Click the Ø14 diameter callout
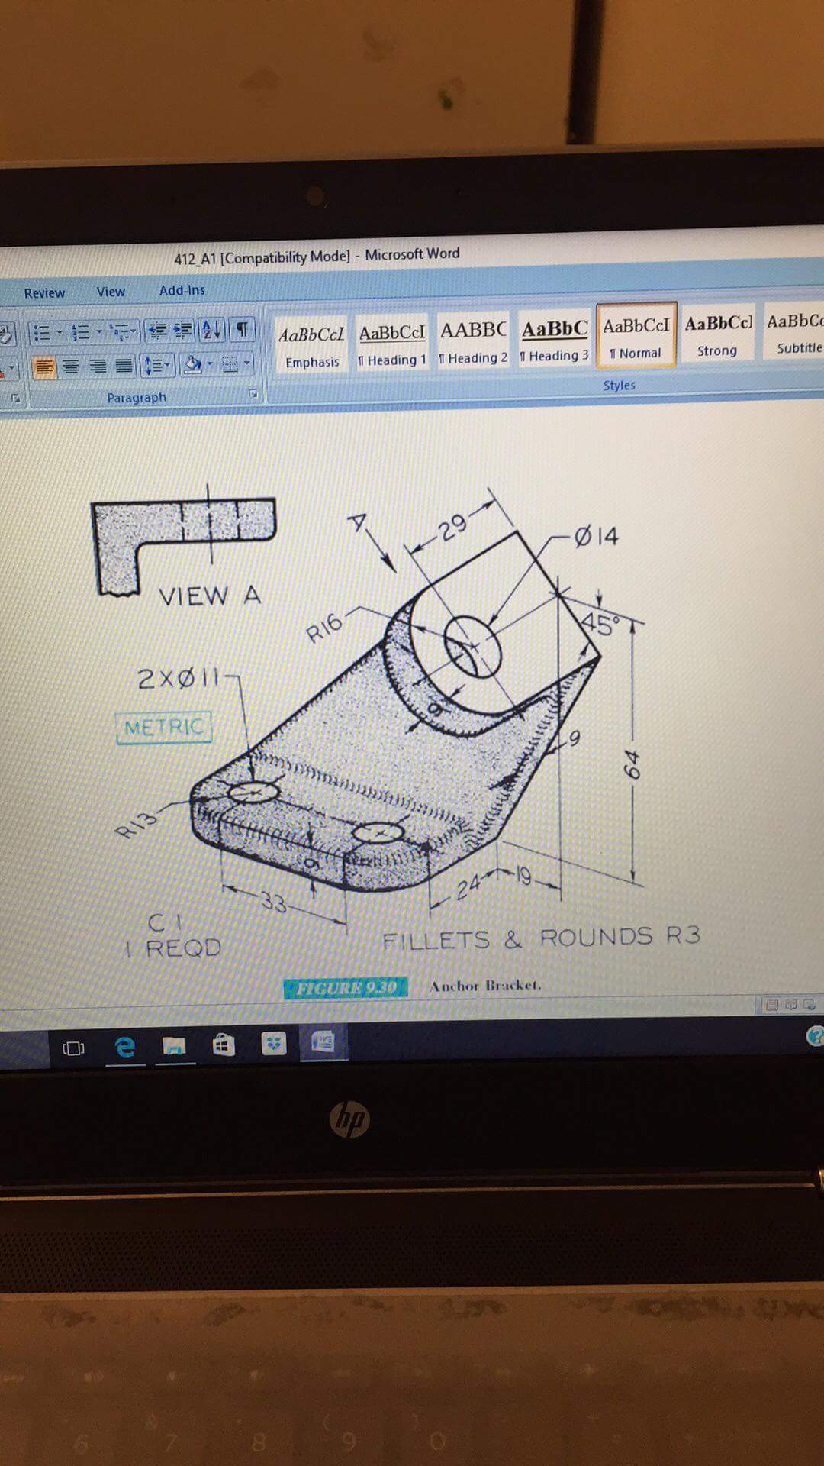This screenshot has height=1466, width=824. coord(597,536)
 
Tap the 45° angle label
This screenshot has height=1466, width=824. coord(600,625)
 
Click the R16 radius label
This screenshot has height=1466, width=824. coord(324,628)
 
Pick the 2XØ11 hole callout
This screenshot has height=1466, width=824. coord(179,678)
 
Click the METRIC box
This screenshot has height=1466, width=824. coord(164,727)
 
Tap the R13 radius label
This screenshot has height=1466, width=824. coord(137,822)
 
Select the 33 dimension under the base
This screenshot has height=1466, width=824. coord(273,903)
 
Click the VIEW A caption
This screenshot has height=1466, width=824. coord(210,596)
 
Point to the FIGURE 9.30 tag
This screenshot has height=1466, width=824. coord(346,988)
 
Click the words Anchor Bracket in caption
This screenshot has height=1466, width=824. coord(485,986)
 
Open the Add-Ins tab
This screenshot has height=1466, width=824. coord(182,290)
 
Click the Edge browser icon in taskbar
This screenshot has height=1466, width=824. coord(125,1046)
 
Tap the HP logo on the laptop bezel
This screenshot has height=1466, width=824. coord(350,1120)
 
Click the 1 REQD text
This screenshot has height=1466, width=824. coord(174,948)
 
